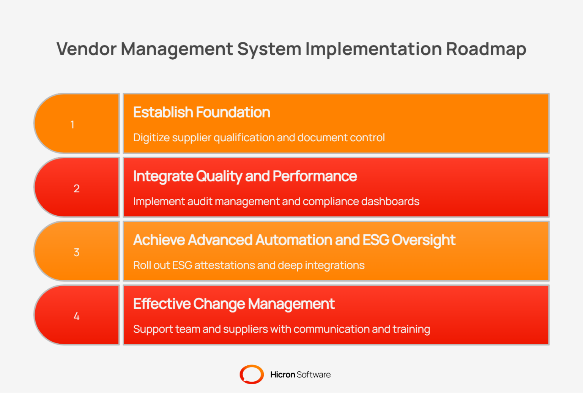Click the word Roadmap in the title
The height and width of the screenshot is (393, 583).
click(486, 49)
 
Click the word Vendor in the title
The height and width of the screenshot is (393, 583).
click(87, 49)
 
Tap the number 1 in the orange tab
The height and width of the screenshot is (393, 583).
click(72, 125)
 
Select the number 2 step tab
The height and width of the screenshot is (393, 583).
click(76, 188)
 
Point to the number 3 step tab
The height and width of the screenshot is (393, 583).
click(76, 252)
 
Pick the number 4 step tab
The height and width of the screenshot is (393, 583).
click(76, 316)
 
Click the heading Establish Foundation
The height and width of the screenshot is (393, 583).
click(202, 113)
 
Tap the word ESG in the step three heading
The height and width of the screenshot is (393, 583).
click(376, 240)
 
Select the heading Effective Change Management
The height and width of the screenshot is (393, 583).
click(234, 304)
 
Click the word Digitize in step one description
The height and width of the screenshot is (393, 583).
click(151, 137)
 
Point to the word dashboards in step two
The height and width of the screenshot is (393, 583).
click(390, 201)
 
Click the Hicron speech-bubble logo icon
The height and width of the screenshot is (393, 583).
click(252, 374)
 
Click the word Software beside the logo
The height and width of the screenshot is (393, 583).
click(314, 375)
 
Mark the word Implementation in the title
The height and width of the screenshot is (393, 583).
click(373, 49)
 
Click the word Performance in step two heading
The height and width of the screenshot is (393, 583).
click(315, 177)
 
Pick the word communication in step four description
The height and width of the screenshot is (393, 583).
click(332, 329)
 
